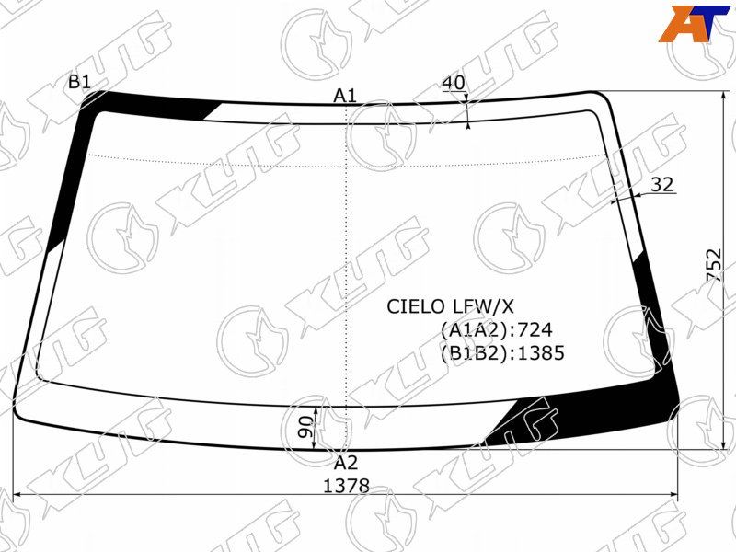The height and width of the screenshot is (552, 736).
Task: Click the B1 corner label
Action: point(79,82)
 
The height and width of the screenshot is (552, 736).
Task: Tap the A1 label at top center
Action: point(345,97)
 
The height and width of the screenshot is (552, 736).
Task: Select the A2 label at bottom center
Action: point(346,464)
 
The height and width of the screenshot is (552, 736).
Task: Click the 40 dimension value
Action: point(454,83)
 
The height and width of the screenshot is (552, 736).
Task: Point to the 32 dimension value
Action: point(662,185)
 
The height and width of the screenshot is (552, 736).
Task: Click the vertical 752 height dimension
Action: point(713,265)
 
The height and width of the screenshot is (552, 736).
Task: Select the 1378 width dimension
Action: point(347,486)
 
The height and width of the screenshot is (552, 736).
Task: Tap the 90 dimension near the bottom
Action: point(305,427)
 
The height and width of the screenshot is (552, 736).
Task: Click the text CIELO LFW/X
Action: point(450,307)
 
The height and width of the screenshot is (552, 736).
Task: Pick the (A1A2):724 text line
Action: point(497,330)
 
